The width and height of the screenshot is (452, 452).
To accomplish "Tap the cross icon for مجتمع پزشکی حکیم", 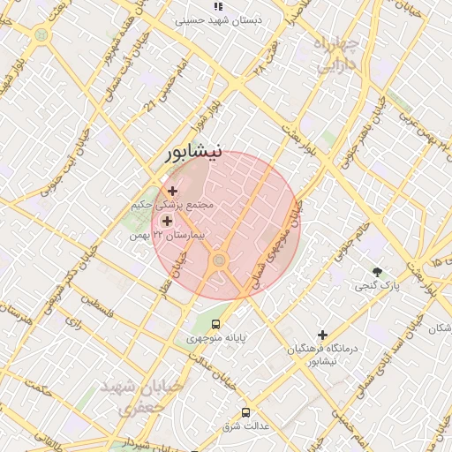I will click(x=171, y=191).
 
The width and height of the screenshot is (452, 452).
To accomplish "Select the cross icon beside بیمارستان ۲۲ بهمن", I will click(x=167, y=221).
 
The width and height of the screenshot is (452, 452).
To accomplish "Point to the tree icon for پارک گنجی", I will click(x=379, y=271).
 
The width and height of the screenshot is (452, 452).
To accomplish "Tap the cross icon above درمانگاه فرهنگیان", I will click(x=323, y=335).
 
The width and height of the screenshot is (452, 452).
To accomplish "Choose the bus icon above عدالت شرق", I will click(x=245, y=412).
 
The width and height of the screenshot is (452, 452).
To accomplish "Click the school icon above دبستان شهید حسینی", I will click(x=218, y=6).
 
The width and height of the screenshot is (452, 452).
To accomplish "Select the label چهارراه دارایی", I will click(x=337, y=54).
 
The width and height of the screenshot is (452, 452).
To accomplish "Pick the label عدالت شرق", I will click(x=246, y=426).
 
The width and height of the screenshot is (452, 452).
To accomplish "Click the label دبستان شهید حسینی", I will click(x=217, y=19).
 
